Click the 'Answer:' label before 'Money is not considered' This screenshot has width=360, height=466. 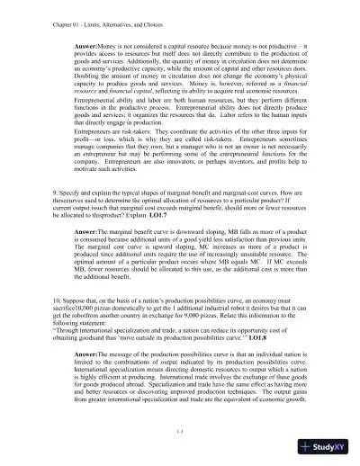pyautogui.click(x=91, y=44)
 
